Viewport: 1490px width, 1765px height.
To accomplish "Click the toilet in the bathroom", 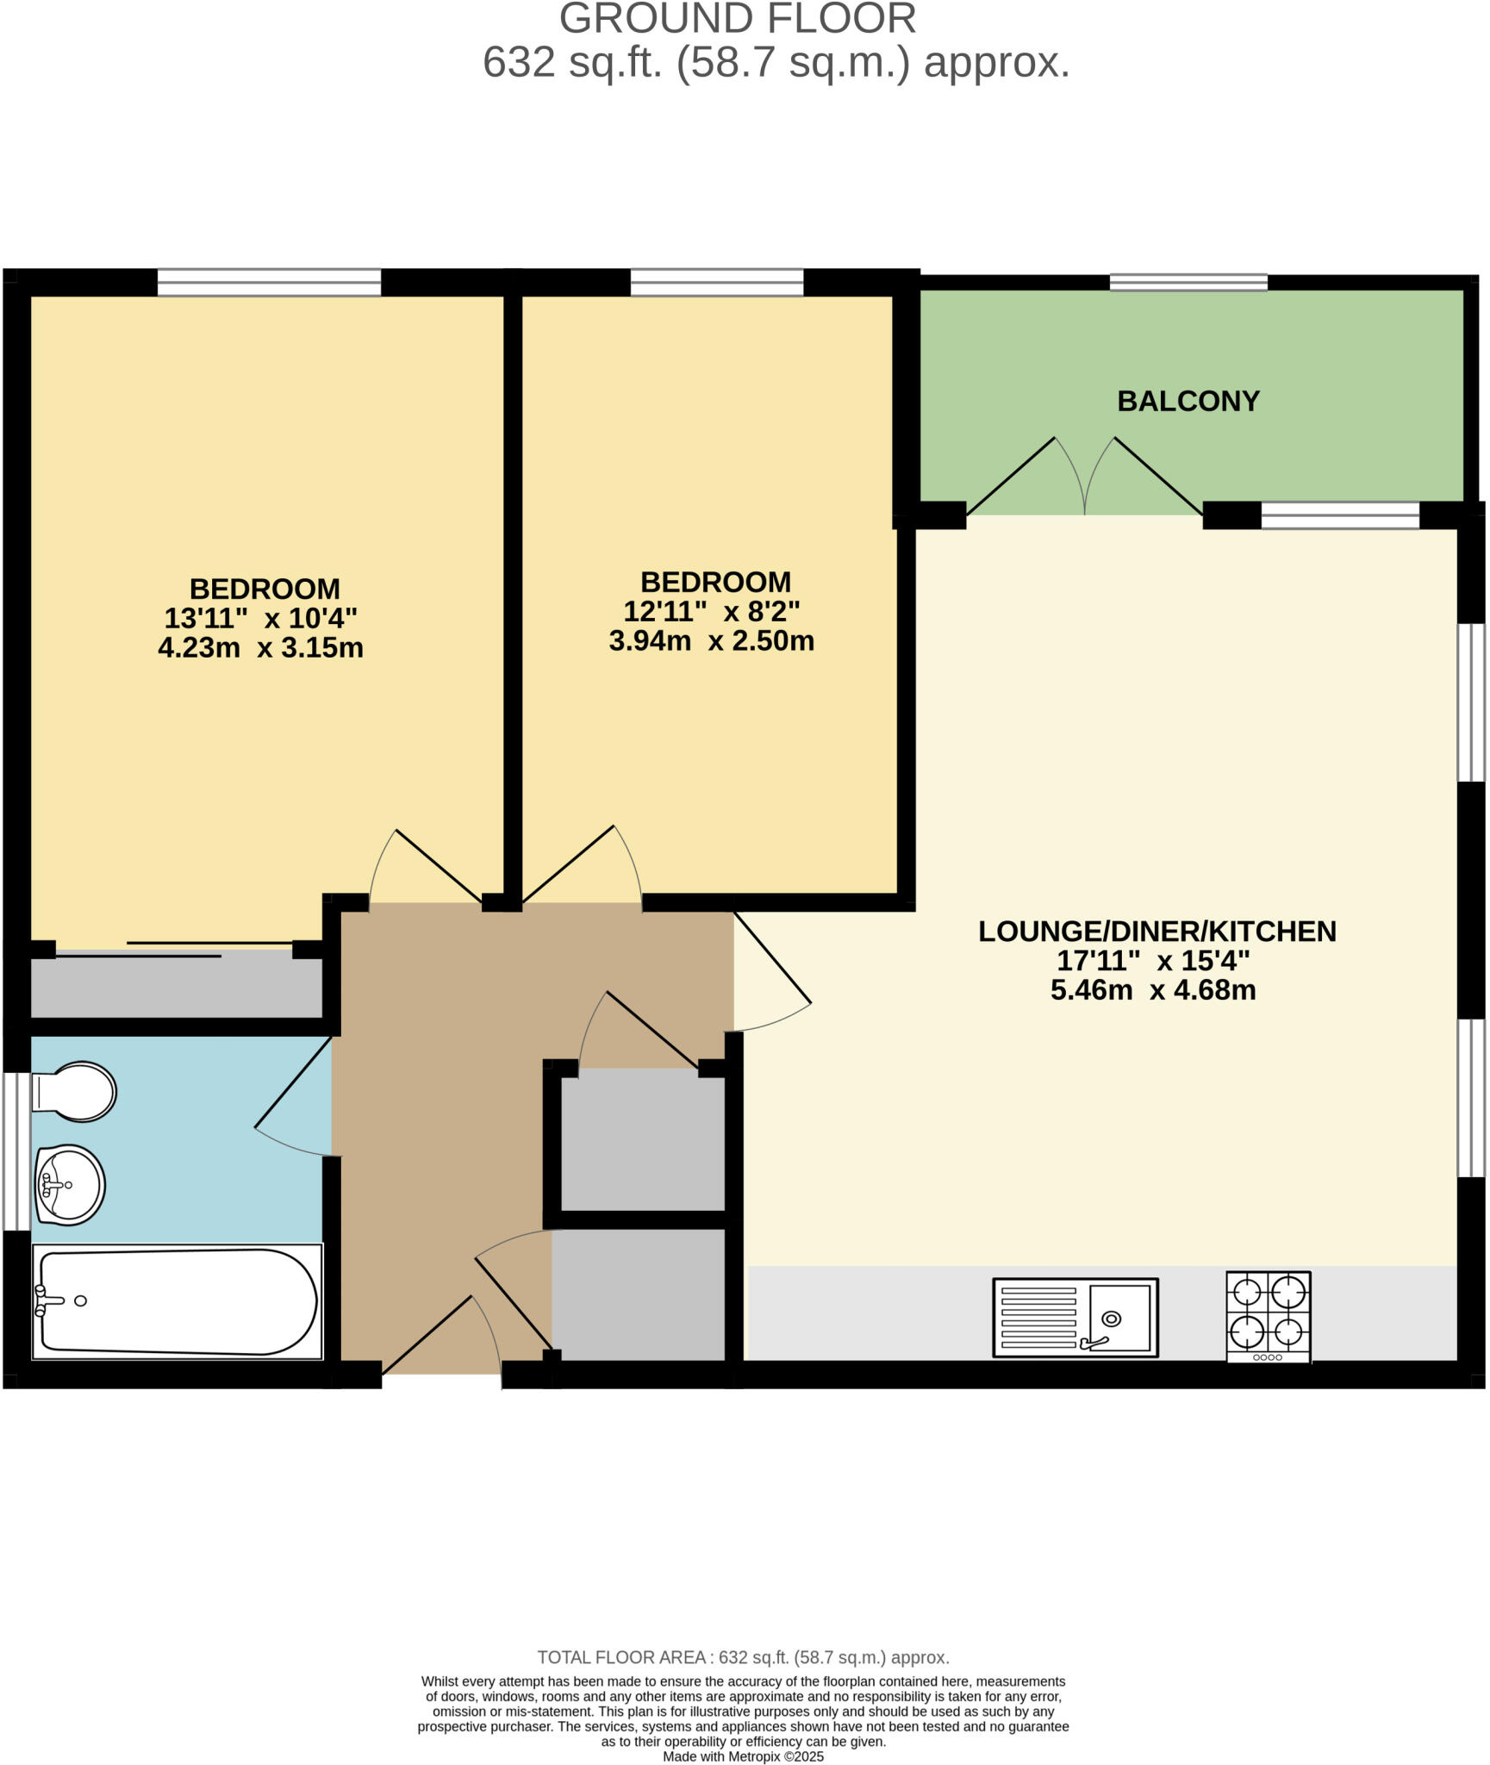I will [76, 1091].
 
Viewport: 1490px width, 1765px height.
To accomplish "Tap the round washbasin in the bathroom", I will [69, 1184].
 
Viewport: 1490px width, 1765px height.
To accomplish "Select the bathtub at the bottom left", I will [177, 1301].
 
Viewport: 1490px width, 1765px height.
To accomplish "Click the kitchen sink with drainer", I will [1075, 1317].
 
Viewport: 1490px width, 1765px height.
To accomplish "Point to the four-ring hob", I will [1268, 1315].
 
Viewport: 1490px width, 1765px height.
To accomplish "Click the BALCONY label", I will [1188, 401].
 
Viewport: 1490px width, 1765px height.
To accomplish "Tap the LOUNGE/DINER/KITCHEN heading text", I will [1156, 931].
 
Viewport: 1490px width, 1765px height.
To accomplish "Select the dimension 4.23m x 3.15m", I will [260, 647].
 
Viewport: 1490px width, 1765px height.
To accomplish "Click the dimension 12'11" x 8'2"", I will [711, 611].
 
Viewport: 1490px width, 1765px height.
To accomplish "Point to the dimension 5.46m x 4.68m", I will [1152, 989].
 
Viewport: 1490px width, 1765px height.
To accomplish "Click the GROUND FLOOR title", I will [737, 19].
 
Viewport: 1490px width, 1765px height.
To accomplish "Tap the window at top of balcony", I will [1188, 282].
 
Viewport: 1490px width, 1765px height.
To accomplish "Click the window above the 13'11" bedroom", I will [269, 282].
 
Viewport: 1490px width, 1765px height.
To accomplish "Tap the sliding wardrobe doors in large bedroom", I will [172, 949].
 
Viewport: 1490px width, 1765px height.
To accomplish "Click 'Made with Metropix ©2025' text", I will [743, 1756].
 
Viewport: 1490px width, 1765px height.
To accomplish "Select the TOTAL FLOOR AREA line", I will [743, 1657].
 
